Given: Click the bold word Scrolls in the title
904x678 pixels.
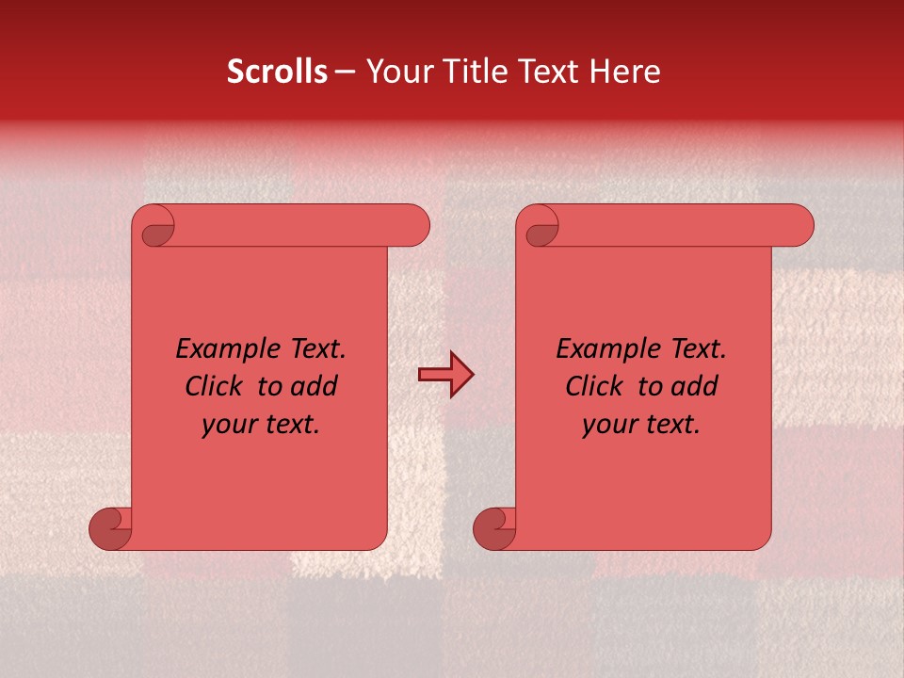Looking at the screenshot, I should click(278, 72).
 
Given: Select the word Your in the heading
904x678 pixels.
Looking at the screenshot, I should click(396, 72).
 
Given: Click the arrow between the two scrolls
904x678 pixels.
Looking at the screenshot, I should click(445, 376).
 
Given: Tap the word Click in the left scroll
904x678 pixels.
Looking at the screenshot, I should click(216, 386).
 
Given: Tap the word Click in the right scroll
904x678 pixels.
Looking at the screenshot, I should click(595, 386).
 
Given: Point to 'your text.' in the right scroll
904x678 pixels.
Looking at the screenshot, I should click(641, 425).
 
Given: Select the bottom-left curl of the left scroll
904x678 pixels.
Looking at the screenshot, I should click(111, 530).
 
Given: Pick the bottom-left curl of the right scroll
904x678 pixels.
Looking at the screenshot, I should click(494, 530).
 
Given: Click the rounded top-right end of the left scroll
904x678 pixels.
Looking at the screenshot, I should click(414, 226).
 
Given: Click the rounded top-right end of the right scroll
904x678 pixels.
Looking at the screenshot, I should click(799, 226).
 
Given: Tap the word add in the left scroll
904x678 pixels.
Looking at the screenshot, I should click(315, 386).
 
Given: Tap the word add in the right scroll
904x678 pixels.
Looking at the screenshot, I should click(695, 386).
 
